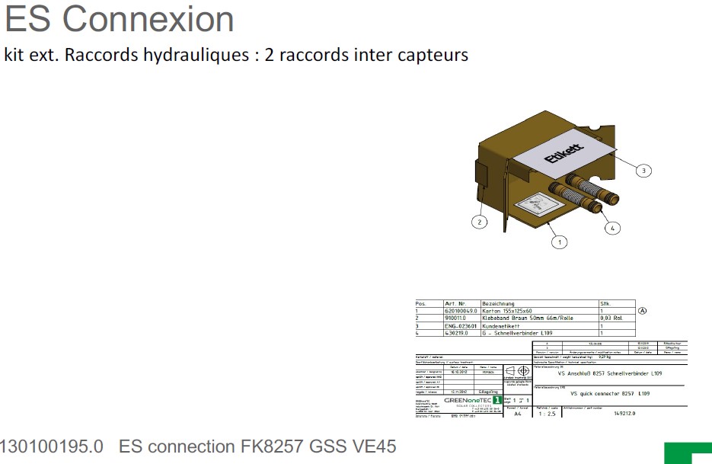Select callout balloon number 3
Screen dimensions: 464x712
643,171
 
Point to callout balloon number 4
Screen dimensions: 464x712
614,227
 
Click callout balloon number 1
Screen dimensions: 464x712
560,242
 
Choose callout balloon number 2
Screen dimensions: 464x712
479,222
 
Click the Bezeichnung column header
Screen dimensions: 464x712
499,304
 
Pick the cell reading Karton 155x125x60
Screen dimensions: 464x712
508,311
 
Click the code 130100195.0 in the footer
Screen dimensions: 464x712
52,446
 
